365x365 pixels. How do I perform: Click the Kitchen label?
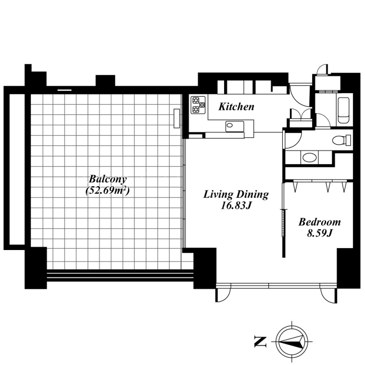236,107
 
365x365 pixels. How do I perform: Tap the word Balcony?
108,179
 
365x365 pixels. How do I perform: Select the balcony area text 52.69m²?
108,191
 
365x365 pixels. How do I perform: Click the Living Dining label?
236,195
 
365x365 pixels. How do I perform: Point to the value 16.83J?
235,206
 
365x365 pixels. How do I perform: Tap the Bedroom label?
320,222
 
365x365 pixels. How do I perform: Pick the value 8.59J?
319,233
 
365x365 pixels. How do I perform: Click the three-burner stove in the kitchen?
198,105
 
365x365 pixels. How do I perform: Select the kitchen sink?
235,126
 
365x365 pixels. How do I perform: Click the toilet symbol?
341,140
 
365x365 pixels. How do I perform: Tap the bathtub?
344,110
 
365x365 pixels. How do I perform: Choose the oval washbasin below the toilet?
310,157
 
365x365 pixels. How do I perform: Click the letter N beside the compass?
260,342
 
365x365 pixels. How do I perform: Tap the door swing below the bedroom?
328,296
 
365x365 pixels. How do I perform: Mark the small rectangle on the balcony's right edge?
177,118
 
